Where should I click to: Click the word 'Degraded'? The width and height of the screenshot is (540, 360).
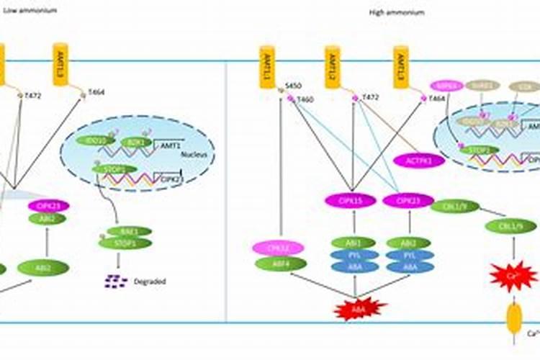pyautogui.click(x=150, y=282)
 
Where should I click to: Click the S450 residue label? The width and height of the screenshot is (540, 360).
pyautogui.click(x=293, y=85)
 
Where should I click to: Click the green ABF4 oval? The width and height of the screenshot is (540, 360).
pyautogui.click(x=277, y=264)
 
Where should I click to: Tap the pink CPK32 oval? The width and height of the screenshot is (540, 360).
pyautogui.click(x=277, y=248)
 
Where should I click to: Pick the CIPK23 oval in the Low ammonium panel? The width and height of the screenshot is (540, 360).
pyautogui.click(x=48, y=207)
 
